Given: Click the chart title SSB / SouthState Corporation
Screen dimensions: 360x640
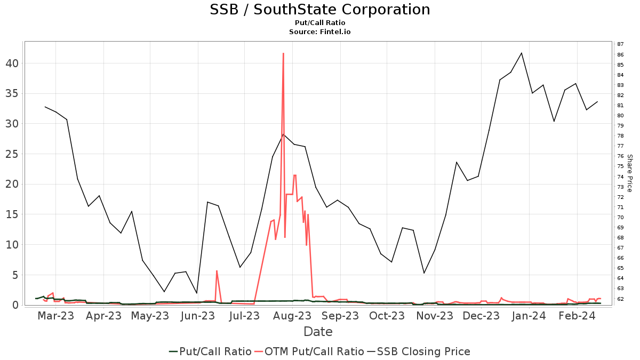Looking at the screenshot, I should coord(319,10).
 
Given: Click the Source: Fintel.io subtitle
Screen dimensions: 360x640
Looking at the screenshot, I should coord(319,32).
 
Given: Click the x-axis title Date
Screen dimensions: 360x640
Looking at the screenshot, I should coord(318,332).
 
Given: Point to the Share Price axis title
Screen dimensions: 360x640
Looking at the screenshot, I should coord(629,173).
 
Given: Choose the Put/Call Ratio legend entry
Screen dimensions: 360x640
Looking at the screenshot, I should coord(210,351).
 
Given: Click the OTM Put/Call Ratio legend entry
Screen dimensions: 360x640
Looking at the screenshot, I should coord(309,351).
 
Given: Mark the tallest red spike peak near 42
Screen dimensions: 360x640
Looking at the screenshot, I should coord(283,53).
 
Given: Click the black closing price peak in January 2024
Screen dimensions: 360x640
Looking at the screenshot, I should coord(522,53).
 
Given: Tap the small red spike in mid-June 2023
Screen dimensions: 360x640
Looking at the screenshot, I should coord(217,271).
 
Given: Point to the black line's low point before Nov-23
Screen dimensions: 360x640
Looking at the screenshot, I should coord(424,273).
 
